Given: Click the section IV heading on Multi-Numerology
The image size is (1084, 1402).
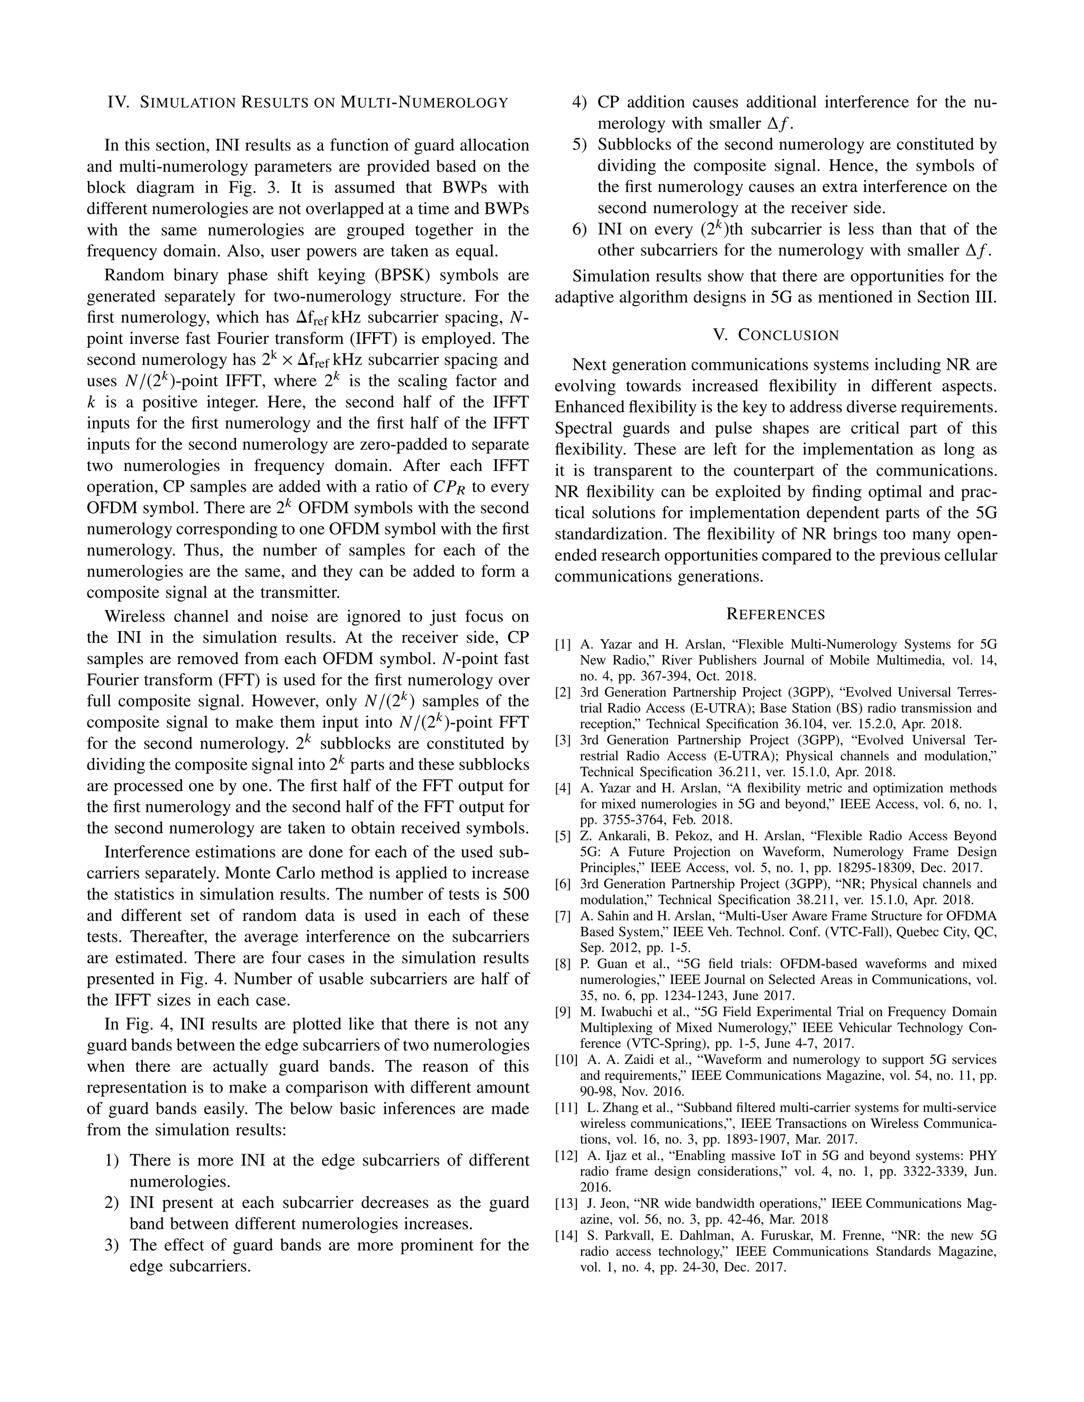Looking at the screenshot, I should pyautogui.click(x=308, y=102).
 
